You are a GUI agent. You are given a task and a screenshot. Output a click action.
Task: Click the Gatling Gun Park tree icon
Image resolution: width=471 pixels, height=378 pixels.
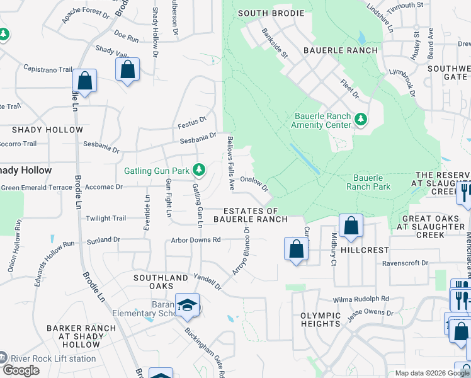(x=199, y=170)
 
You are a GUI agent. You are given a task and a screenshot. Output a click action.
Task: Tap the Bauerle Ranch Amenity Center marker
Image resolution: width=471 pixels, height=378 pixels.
(x=361, y=119)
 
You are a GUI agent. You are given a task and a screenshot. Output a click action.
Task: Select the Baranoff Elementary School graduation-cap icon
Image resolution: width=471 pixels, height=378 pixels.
(x=186, y=306)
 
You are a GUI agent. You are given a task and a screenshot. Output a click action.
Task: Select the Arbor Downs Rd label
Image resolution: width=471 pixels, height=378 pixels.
(x=196, y=240)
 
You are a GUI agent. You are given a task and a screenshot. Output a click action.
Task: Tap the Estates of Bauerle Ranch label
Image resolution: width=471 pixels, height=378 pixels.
(x=250, y=215)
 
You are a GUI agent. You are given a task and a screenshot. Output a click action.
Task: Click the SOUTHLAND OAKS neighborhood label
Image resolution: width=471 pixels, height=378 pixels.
(x=161, y=282)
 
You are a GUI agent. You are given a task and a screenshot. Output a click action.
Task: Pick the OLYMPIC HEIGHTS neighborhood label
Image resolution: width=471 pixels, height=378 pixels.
(x=320, y=319)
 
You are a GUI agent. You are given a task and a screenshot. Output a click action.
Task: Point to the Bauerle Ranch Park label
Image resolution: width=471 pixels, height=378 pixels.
(x=368, y=182)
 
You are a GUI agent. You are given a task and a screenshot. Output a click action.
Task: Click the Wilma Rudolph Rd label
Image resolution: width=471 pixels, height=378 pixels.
(x=361, y=299)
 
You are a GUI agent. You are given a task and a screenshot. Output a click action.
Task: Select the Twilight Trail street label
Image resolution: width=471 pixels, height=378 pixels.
(x=106, y=218)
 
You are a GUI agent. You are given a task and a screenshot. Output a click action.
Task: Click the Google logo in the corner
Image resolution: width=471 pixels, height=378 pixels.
(x=21, y=370)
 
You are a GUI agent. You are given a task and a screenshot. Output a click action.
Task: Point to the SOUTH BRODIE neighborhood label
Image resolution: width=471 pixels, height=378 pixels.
(x=271, y=13)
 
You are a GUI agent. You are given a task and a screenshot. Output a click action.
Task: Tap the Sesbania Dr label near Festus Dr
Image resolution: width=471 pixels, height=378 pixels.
(x=198, y=138)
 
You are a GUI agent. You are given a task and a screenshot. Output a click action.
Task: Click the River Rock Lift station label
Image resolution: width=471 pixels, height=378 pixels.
(x=52, y=359)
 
